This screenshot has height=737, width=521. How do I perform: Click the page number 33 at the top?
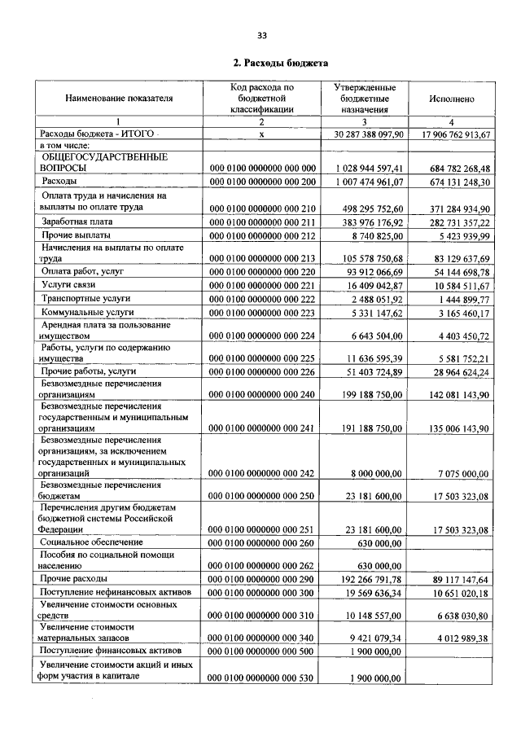point(262,34)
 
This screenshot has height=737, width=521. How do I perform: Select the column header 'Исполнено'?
point(451,99)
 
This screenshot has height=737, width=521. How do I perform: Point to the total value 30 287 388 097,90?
point(369,134)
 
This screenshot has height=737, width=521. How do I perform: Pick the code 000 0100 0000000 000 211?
point(262,222)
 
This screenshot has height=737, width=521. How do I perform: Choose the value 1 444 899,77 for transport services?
point(461,300)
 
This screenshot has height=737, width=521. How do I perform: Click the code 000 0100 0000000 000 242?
point(262,472)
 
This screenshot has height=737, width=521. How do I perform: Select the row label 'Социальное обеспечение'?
point(91,542)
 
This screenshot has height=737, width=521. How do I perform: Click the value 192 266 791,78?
point(369,579)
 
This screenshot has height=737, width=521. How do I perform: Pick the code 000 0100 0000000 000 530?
point(262,678)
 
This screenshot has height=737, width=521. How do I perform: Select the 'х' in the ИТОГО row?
point(262,134)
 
